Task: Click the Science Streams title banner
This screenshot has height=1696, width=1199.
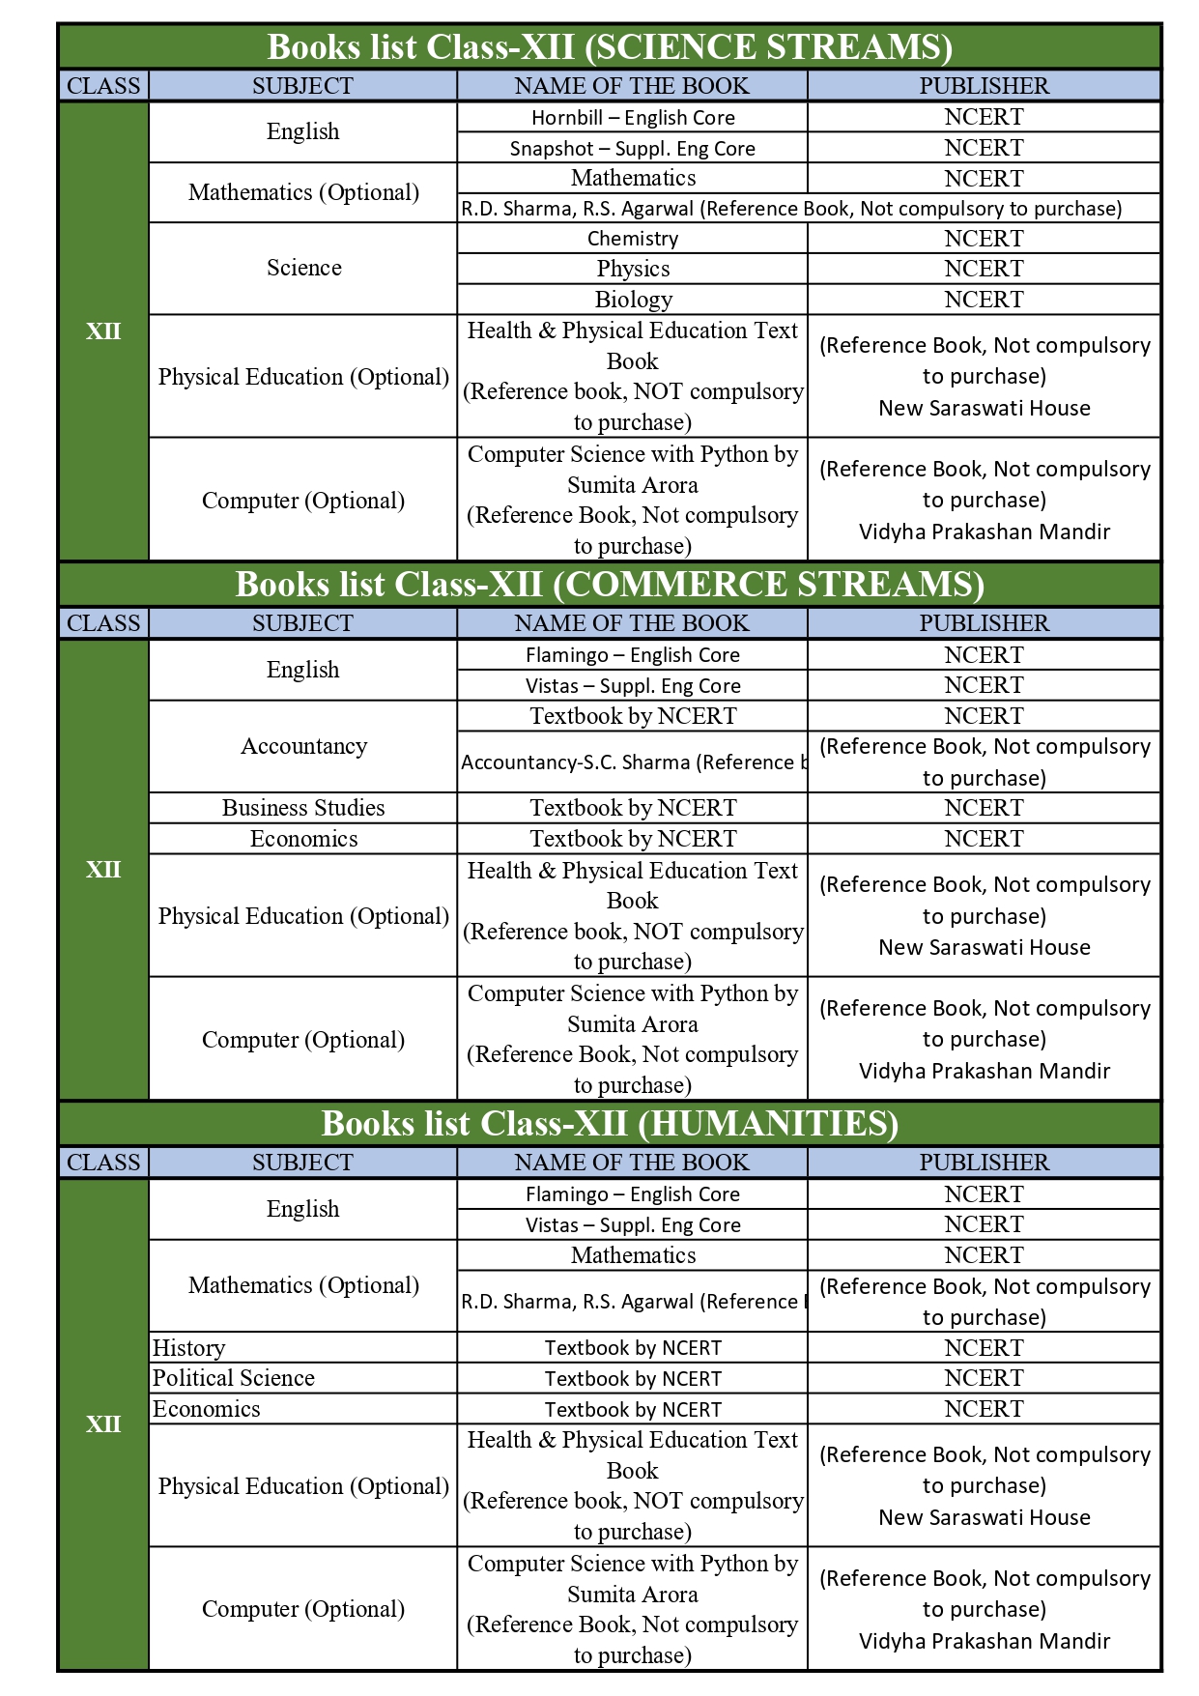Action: pos(610,46)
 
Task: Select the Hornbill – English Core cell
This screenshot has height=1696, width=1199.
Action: pos(633,118)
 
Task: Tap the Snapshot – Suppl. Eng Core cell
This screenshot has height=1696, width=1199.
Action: pos(633,148)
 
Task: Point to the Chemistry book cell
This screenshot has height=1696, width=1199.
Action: pos(633,239)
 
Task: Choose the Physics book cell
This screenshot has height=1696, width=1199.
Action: pos(633,269)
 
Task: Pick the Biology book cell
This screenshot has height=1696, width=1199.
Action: pos(633,300)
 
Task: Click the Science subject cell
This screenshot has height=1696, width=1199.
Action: pos(303,268)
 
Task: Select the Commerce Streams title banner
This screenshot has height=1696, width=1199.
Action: pos(610,585)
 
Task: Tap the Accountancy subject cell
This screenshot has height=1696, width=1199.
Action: pos(303,746)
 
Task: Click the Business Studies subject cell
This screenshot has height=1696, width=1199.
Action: pos(303,808)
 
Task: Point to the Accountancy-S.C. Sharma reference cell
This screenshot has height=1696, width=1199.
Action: pos(633,762)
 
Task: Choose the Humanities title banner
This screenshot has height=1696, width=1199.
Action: pos(610,1124)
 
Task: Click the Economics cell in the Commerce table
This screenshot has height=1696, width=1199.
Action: pos(303,839)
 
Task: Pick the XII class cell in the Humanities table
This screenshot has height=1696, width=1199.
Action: pos(103,1424)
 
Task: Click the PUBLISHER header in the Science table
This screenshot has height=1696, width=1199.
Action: pos(984,86)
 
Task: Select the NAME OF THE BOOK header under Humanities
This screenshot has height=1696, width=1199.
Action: pos(632,1163)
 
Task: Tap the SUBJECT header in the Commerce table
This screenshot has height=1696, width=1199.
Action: pos(303,623)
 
